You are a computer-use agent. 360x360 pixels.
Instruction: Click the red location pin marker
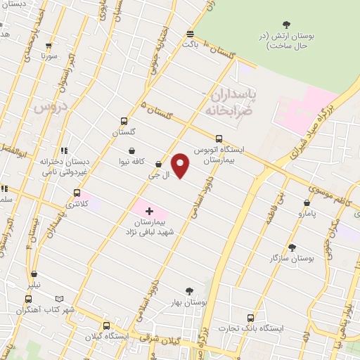(181, 165)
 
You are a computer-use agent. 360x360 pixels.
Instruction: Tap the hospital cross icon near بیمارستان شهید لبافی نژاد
(149, 211)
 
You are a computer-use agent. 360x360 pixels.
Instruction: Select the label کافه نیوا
(132, 161)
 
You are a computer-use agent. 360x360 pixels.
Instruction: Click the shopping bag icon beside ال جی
(159, 165)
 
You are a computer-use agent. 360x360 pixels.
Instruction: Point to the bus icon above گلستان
(124, 121)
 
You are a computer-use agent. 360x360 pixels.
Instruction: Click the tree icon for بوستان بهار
(188, 291)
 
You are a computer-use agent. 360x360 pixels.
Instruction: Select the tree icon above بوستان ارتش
(285, 25)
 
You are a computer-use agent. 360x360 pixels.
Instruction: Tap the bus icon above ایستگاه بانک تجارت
(250, 318)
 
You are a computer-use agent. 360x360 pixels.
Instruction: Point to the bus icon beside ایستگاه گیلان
(106, 326)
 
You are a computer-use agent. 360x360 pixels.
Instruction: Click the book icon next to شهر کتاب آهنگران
(58, 299)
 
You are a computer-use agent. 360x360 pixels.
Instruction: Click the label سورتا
(48, 55)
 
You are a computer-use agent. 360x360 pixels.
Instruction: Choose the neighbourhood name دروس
(49, 107)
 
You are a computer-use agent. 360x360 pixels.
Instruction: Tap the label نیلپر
(34, 285)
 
